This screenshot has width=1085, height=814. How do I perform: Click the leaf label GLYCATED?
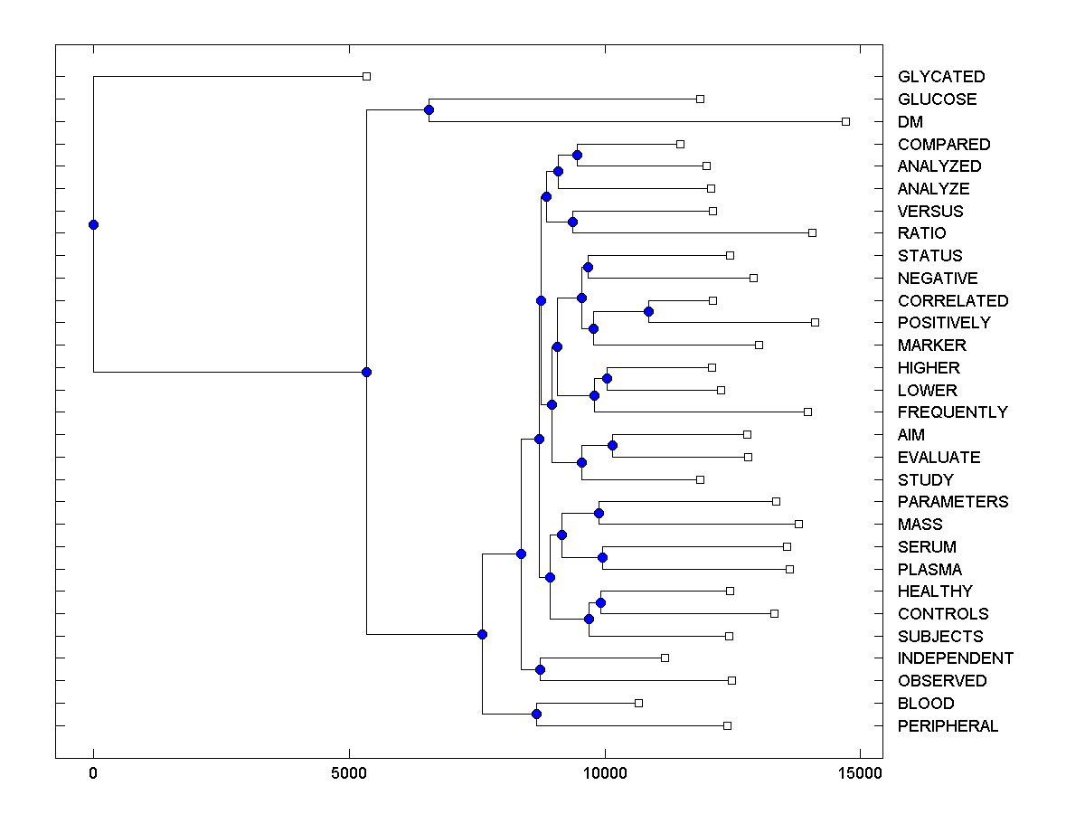coord(940,77)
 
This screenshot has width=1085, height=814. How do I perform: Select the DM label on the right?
coord(910,122)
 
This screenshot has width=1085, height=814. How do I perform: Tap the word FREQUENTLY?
coord(952,412)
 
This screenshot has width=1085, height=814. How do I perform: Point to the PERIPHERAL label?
coord(948,726)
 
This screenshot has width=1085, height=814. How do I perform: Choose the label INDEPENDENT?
coord(955,658)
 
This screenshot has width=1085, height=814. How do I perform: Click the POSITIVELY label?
coord(944,323)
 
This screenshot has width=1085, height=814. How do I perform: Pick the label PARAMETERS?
coord(952,502)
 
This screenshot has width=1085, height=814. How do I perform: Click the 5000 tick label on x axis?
coord(349,773)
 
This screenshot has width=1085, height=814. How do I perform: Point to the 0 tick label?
coord(93,773)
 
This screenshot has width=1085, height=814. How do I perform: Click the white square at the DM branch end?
coord(845,121)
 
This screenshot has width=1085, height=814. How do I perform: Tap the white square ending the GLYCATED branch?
coord(366,76)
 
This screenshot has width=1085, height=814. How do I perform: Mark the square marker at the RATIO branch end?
coord(812,232)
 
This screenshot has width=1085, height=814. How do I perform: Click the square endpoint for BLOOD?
coord(638,703)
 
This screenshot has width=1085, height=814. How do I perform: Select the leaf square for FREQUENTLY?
coord(807,412)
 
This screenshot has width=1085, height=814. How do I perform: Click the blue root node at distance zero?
coord(93,224)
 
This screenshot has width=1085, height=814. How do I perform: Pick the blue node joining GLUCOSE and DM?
coord(429,110)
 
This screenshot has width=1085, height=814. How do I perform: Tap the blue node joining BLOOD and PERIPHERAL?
coord(536,715)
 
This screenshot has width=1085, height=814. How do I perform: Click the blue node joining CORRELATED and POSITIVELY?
coord(648,311)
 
